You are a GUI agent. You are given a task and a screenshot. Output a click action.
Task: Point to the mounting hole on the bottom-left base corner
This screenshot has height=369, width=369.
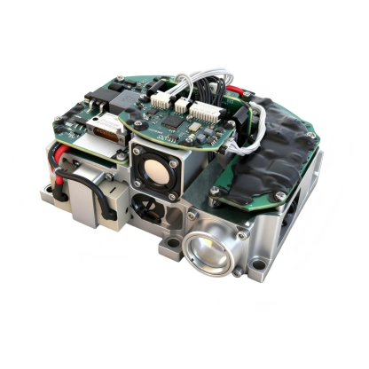tap(46, 190)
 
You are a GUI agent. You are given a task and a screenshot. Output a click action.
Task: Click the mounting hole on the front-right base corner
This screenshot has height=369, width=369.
tap(257, 264)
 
